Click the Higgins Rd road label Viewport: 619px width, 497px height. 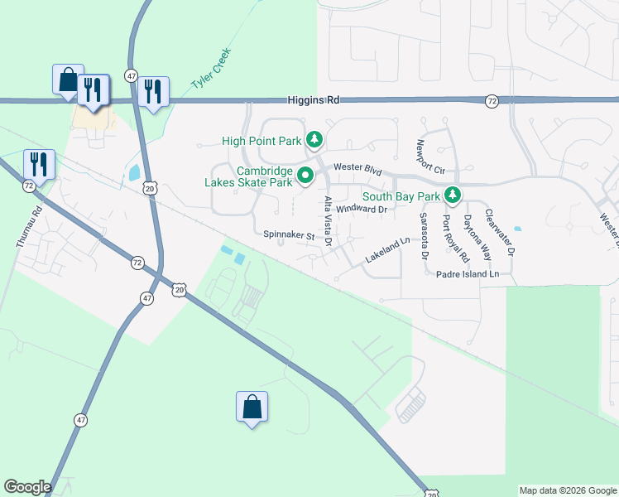(x=314, y=99)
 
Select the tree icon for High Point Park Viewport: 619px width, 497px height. (x=314, y=141)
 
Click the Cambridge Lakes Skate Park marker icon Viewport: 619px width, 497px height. (x=305, y=176)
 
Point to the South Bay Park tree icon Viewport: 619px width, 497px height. (x=452, y=196)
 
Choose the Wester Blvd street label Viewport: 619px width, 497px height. (x=357, y=169)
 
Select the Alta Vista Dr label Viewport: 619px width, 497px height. (x=329, y=222)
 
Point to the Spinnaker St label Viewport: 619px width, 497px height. (x=289, y=235)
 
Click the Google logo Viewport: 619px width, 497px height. (x=27, y=487)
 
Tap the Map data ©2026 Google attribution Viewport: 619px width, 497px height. (x=568, y=490)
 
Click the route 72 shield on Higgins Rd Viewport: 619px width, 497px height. (x=492, y=100)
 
